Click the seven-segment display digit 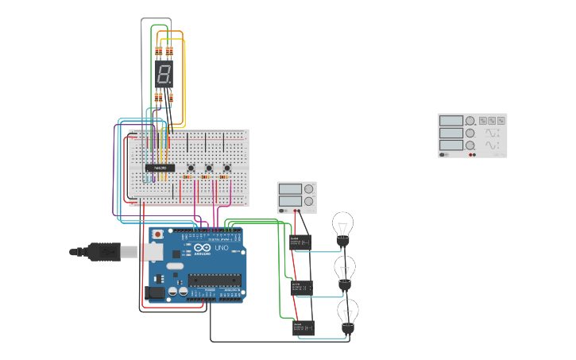(x=164, y=75)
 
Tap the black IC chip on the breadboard (x=160, y=168)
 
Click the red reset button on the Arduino (x=157, y=234)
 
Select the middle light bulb (x=345, y=270)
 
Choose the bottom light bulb (x=347, y=314)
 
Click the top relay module (x=301, y=242)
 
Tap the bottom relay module (x=304, y=327)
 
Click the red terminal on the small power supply (x=296, y=211)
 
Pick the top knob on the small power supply (x=308, y=189)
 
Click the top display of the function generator (x=450, y=121)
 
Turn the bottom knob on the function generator (x=470, y=145)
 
